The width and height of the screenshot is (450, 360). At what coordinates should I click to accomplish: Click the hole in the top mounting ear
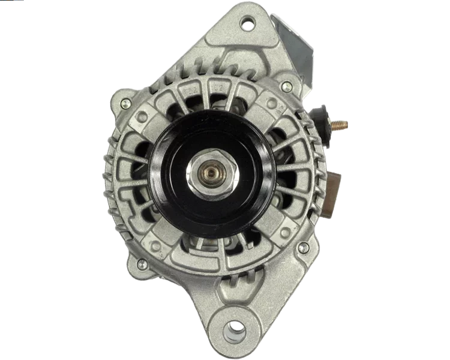(x=246, y=25)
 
